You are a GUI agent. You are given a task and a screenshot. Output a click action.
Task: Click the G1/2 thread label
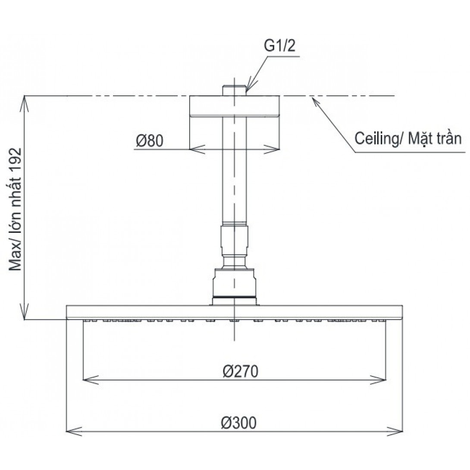(279, 46)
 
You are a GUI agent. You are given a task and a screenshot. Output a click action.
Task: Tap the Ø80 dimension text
(150, 141)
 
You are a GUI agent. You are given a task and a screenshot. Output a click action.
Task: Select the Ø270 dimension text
(241, 371)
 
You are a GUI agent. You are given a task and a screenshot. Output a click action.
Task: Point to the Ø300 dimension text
(239, 423)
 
